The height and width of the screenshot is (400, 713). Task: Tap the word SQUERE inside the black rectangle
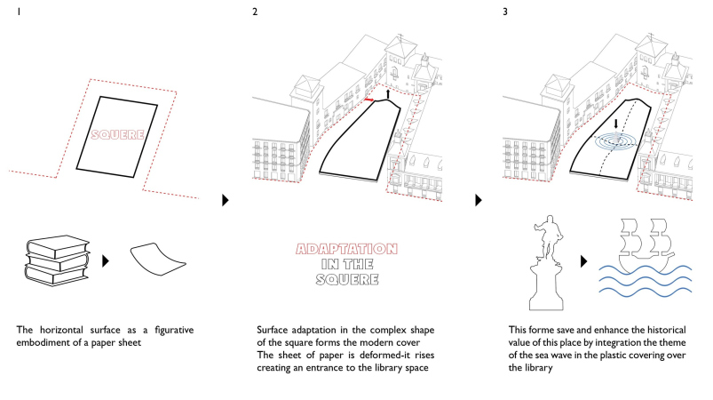(x=120, y=136)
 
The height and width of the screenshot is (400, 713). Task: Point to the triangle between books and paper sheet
(x=106, y=261)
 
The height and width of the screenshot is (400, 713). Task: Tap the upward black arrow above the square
(x=387, y=92)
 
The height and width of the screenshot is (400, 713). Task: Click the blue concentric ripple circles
(x=618, y=142)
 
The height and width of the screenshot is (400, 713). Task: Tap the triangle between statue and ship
(x=583, y=262)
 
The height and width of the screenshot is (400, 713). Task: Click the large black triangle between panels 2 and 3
(x=479, y=200)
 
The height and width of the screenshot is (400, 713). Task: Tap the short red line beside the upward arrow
(x=368, y=100)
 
